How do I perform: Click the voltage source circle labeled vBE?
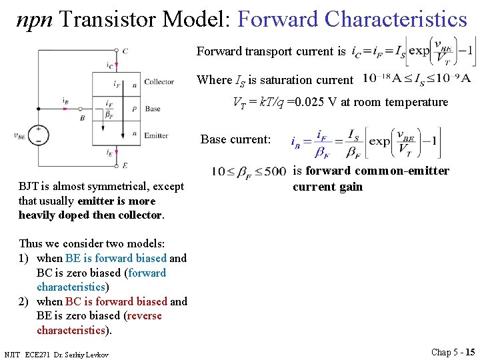pos(38,135)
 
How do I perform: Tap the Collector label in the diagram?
pos(159,82)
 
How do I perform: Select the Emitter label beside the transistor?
pos(156,135)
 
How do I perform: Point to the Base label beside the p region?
pos(153,109)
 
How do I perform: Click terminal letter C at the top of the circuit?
pos(125,51)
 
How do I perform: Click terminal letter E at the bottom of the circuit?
pos(125,165)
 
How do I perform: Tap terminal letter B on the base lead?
pos(82,117)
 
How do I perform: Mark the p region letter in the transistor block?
pos(135,109)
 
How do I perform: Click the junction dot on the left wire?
pos(39,109)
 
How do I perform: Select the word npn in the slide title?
pos(34,19)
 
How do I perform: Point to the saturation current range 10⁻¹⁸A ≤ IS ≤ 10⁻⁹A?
pos(417,79)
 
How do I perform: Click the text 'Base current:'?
pos(235,139)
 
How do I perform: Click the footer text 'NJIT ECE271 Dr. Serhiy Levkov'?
pos(56,353)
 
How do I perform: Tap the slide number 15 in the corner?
pos(470,351)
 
